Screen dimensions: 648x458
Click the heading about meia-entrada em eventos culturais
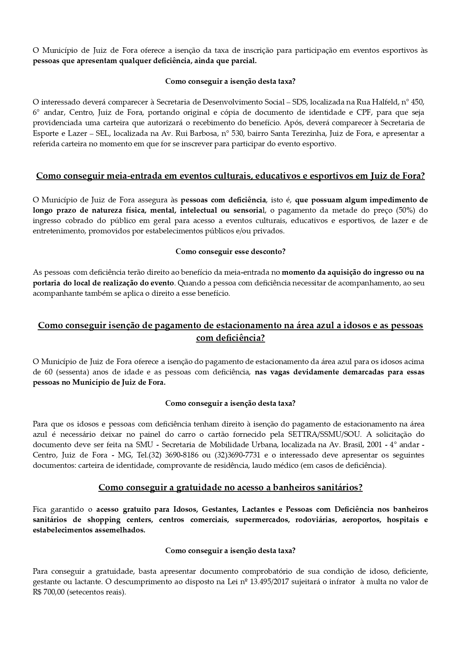[x=230, y=176]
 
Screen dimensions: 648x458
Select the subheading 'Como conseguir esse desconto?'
[x=230, y=251]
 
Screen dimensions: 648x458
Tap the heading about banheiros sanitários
[x=230, y=487]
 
